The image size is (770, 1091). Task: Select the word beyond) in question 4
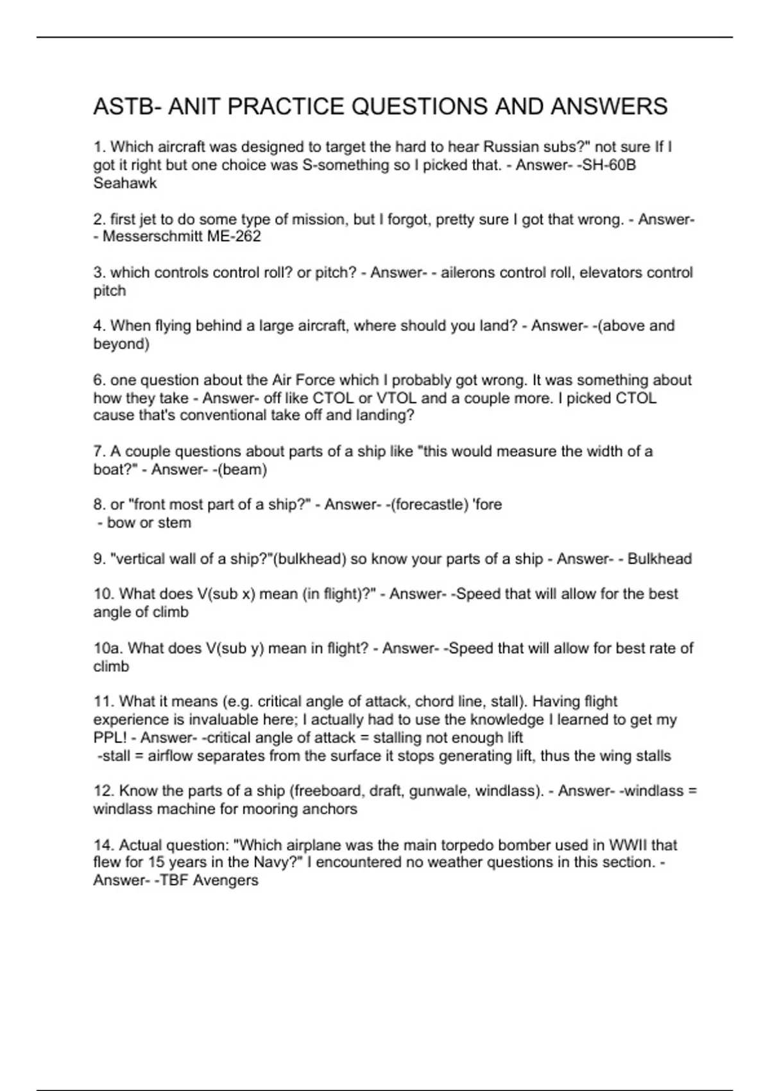click(121, 344)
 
